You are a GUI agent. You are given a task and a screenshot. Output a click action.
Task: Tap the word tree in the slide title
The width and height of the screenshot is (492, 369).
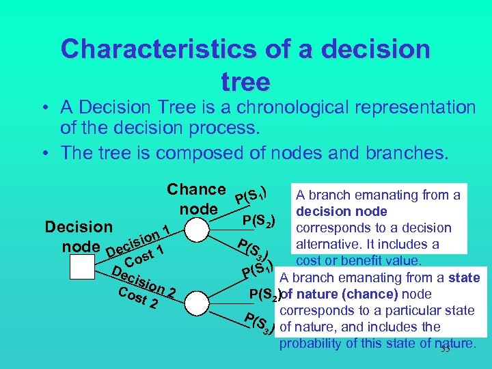[245, 82]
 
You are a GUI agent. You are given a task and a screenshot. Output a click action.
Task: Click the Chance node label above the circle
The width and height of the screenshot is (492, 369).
[197, 198]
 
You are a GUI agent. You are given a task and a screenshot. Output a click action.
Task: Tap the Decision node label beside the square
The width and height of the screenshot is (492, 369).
[77, 236]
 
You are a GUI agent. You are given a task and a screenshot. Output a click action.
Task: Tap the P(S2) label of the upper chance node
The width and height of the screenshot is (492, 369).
[259, 220]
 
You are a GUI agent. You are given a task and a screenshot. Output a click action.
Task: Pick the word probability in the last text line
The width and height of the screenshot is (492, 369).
[311, 343]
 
